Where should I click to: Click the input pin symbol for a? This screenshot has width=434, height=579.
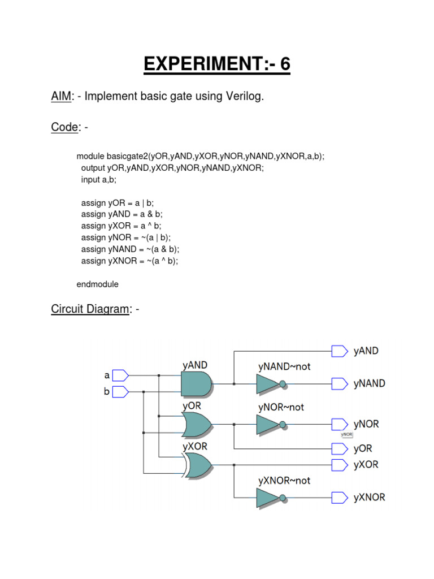tap(121, 375)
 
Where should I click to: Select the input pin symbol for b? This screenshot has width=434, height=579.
tap(121, 391)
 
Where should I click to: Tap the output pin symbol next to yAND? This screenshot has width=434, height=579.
tap(339, 351)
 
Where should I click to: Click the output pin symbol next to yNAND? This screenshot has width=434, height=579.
tap(339, 384)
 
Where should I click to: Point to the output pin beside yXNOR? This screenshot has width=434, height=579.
tap(339, 498)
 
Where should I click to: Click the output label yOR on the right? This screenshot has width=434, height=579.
tap(363, 448)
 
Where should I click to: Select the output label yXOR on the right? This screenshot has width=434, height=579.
tap(366, 465)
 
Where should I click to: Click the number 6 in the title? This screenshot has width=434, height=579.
tap(284, 64)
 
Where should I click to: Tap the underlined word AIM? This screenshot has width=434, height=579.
tap(62, 97)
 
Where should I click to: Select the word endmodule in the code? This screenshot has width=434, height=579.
tap(98, 284)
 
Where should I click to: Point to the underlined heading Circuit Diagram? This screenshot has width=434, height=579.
tap(90, 309)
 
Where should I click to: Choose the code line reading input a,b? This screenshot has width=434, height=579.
tap(98, 179)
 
